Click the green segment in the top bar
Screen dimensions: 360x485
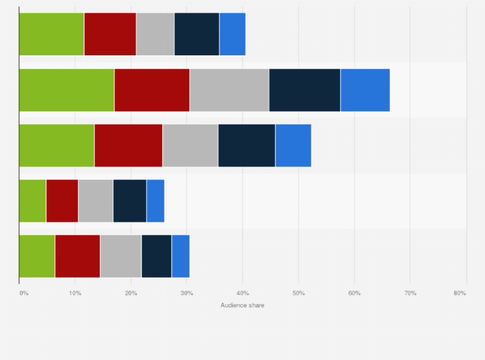click(x=51, y=34)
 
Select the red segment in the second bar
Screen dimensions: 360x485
click(x=152, y=90)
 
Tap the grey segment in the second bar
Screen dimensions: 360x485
click(x=229, y=90)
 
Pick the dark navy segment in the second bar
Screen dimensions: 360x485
click(x=304, y=90)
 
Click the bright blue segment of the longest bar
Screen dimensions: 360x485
click(x=365, y=90)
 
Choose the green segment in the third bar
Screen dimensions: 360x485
click(x=57, y=145)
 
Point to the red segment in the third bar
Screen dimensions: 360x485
click(x=128, y=145)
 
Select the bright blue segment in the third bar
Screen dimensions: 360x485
click(x=293, y=145)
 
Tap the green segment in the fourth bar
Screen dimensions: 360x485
click(x=32, y=201)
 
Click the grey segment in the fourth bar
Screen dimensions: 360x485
click(x=95, y=201)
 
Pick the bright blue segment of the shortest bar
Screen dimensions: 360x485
click(x=155, y=201)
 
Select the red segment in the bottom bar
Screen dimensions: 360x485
click(x=77, y=256)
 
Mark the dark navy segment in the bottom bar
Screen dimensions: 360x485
click(x=156, y=256)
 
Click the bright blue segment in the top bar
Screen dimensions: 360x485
click(x=232, y=34)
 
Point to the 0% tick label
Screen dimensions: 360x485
click(x=24, y=293)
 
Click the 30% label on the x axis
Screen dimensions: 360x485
click(x=187, y=293)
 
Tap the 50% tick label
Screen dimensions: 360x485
click(x=298, y=293)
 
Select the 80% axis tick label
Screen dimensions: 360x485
click(x=459, y=293)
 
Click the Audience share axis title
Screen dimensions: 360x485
click(x=243, y=305)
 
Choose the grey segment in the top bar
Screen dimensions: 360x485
click(x=155, y=34)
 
